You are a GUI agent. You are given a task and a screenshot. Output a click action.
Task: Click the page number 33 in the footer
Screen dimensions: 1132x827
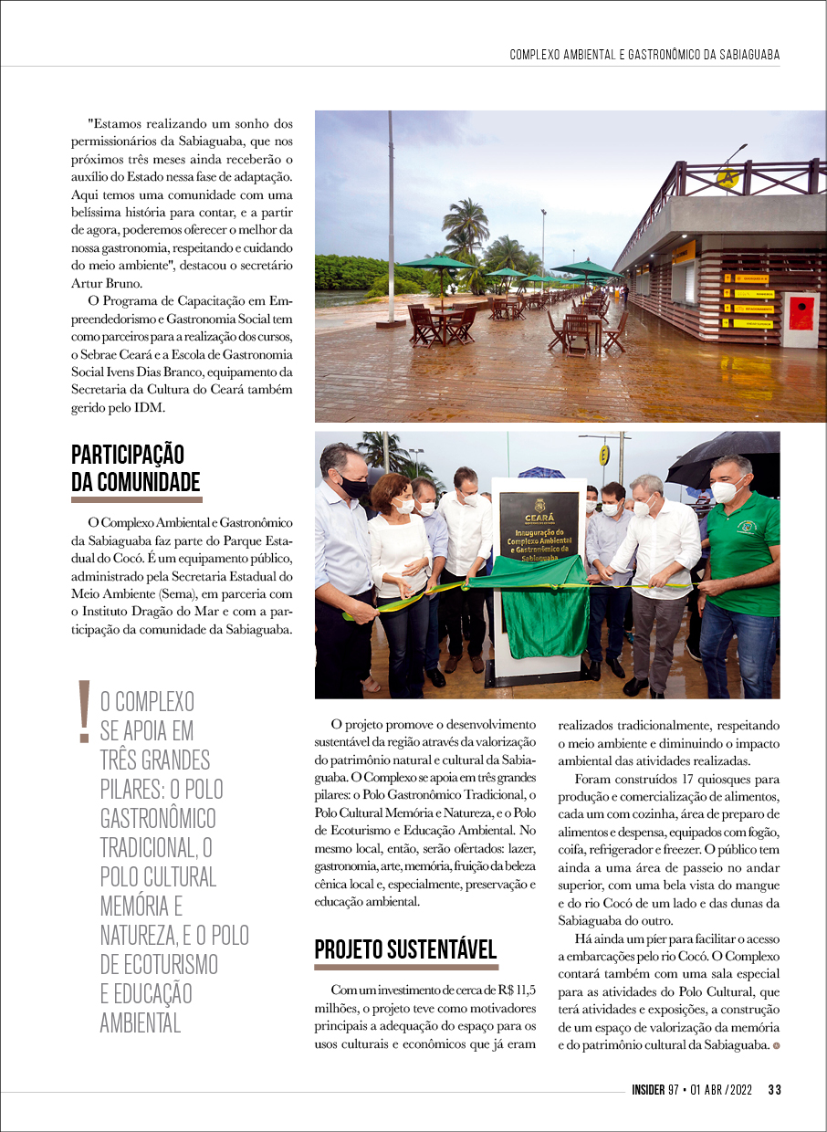tap(774, 1089)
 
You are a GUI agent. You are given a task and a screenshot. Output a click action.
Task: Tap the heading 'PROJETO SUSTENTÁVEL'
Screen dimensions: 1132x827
tap(405, 949)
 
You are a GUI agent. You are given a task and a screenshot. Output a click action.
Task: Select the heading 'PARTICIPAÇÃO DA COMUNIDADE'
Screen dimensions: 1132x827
tap(136, 468)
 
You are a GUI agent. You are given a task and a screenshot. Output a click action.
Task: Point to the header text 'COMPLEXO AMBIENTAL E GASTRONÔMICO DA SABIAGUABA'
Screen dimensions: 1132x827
tap(644, 56)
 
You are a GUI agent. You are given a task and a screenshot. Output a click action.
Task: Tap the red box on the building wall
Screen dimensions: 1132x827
tap(801, 313)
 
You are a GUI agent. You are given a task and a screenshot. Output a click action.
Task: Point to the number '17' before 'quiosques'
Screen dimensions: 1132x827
tap(690, 779)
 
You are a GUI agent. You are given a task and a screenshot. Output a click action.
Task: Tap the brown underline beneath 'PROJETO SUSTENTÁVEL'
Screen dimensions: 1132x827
tap(406, 967)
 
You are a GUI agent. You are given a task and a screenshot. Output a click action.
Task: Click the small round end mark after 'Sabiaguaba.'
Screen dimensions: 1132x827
tap(776, 1045)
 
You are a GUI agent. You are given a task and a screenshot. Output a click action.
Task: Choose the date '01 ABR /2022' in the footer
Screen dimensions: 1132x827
tap(722, 1089)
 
